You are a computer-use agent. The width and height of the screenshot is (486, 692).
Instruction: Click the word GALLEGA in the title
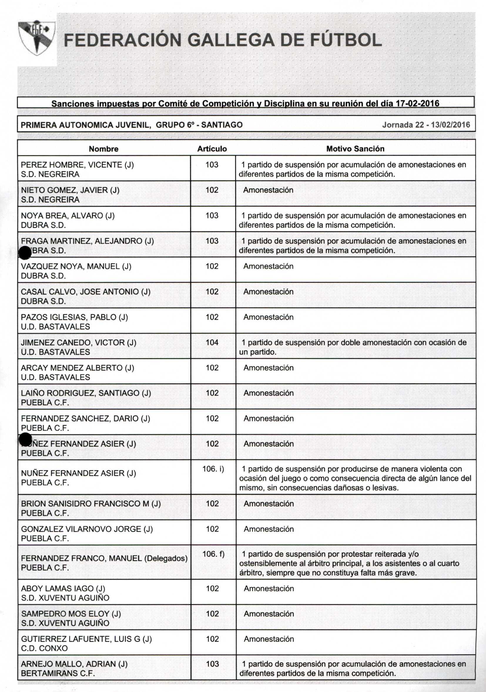tap(231, 40)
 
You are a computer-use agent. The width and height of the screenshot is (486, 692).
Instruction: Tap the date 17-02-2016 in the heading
tap(417, 103)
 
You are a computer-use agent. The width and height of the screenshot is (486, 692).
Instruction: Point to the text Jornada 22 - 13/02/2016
tap(426, 125)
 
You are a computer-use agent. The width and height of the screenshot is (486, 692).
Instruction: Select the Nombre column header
tap(103, 149)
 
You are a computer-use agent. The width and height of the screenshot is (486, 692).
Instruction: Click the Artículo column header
tap(212, 149)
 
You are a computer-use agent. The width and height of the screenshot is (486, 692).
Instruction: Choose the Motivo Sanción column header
tap(355, 149)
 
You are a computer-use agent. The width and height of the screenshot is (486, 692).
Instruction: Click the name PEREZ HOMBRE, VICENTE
tap(77, 165)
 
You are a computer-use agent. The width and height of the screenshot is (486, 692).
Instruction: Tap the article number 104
tap(212, 342)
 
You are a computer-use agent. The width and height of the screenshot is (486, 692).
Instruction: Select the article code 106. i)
tap(213, 469)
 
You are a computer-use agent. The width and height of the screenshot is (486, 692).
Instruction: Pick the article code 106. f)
tap(213, 554)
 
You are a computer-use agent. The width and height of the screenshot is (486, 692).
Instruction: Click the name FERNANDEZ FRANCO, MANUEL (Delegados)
tap(104, 558)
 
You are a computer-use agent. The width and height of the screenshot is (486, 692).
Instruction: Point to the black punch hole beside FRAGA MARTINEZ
tap(25, 253)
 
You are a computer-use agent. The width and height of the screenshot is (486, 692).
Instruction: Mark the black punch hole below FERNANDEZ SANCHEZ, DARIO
tap(25, 439)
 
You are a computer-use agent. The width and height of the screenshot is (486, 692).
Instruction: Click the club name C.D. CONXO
tap(44, 648)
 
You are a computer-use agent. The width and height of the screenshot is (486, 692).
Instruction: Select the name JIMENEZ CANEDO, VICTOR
tap(78, 342)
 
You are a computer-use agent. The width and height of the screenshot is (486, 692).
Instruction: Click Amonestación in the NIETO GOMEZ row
tap(268, 190)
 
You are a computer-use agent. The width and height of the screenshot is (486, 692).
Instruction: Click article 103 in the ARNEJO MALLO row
tap(212, 664)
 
